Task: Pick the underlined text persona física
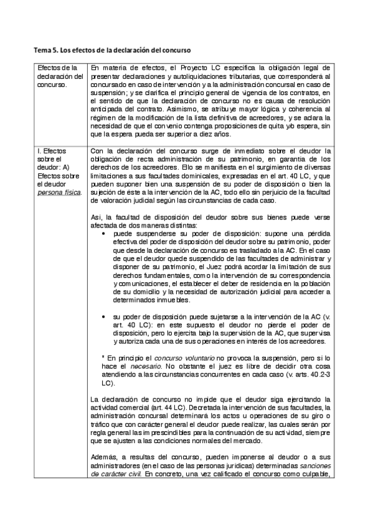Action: [59, 192]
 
